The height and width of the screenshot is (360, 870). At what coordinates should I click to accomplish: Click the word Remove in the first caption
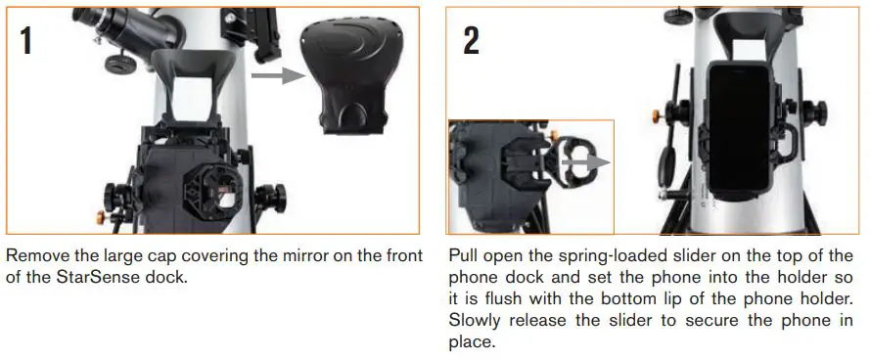(x=34, y=256)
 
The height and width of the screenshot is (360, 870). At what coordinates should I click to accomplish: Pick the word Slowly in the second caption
(x=474, y=321)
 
